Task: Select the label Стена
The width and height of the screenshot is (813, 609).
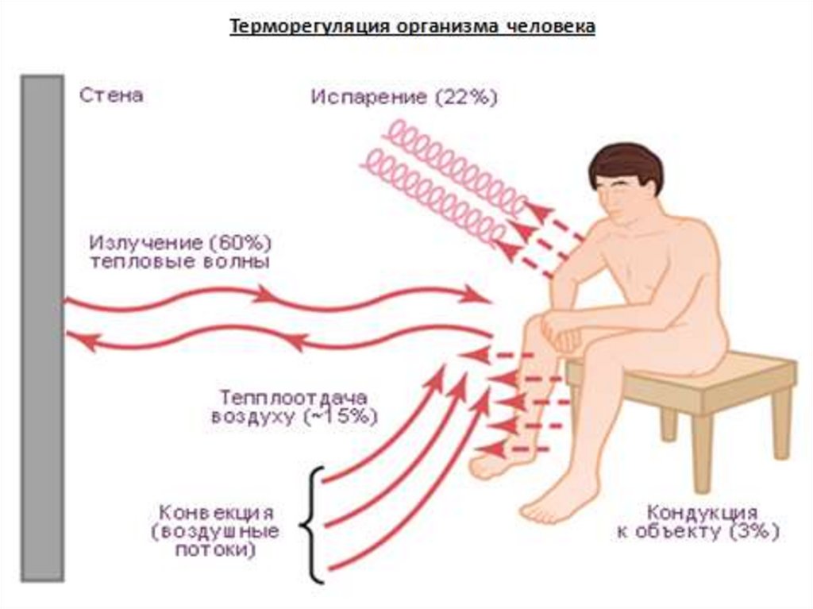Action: click(x=111, y=96)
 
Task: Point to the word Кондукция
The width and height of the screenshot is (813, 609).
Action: click(x=701, y=512)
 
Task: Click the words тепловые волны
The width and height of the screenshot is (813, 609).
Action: click(x=180, y=262)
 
